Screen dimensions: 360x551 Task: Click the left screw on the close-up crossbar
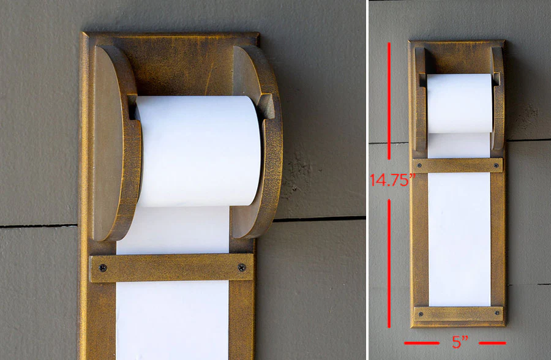102,268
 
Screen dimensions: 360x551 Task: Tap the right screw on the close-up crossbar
241,268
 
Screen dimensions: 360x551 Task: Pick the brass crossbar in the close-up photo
171,268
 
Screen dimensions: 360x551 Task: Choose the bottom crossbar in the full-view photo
458,314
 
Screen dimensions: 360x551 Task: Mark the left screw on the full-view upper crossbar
420,165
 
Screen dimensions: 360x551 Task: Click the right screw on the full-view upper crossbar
496,165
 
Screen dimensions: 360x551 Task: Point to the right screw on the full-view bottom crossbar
496,315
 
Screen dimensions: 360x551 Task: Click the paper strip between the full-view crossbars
459,239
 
